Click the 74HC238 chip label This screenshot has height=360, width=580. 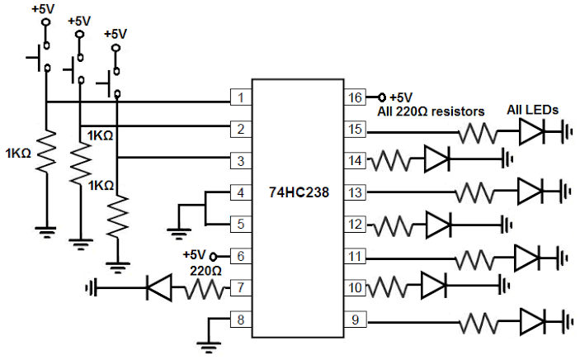point(299,192)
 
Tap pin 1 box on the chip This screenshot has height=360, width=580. point(241,97)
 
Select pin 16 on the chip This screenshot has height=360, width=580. point(355,97)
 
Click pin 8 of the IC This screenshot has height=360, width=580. point(241,320)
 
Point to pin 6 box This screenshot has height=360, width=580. point(241,256)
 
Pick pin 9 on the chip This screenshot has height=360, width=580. point(355,320)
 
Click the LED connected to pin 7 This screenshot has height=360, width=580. point(159,287)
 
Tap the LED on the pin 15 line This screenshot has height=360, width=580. point(532,131)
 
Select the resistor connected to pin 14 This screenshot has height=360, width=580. point(390,160)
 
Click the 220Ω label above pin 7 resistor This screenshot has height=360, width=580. point(205,271)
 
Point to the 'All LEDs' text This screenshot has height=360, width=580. point(533,110)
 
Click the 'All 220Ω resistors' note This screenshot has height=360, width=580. point(431,111)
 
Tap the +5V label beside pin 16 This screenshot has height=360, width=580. point(401,97)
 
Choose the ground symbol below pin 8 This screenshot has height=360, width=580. point(209,346)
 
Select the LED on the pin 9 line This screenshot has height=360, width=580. point(533,322)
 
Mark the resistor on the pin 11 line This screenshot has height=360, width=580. point(474,259)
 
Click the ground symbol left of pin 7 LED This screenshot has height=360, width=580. point(91,287)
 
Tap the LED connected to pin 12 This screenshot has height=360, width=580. point(438,225)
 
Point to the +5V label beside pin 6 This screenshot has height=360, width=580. point(194,255)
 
